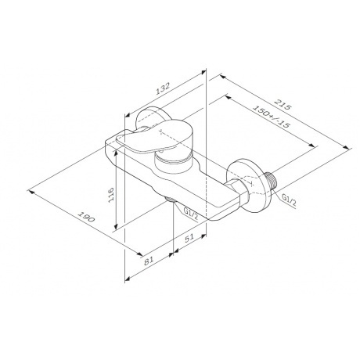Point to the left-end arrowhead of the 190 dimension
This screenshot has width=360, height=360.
pos(30,188)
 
